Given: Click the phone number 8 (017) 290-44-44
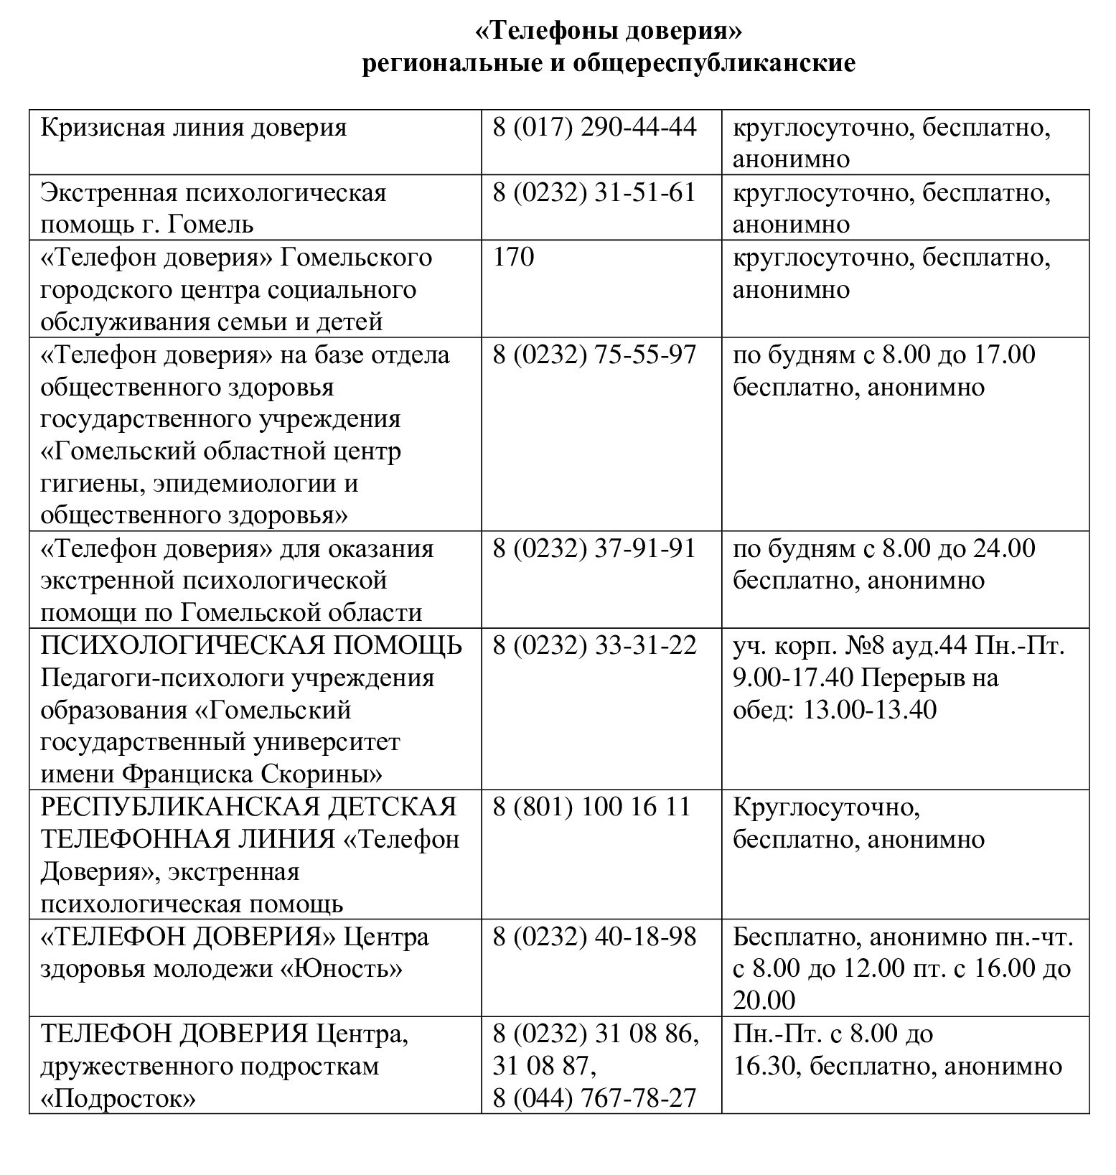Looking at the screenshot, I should click(594, 128).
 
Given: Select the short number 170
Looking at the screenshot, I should click(513, 257).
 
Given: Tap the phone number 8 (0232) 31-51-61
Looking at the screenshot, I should click(594, 192).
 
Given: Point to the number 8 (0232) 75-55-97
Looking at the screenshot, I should click(594, 355).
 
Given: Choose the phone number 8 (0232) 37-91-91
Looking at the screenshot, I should click(594, 548).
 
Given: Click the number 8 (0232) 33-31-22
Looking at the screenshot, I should click(594, 645).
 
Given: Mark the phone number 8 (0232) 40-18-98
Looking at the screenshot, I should click(594, 937).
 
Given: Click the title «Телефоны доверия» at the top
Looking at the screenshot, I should click(608, 32).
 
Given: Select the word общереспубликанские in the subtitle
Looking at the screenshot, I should click(713, 64).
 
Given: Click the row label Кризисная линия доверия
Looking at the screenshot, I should click(194, 128).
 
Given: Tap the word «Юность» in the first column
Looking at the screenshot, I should click(341, 969).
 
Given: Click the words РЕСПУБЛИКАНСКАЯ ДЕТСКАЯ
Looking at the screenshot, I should click(248, 807).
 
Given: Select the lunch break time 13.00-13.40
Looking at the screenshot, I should click(870, 710).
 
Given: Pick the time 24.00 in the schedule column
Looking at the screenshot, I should click(1004, 548).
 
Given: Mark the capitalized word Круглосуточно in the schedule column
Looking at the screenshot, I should click(826, 807).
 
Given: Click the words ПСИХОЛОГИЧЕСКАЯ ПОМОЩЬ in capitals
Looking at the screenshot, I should click(251, 645).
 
